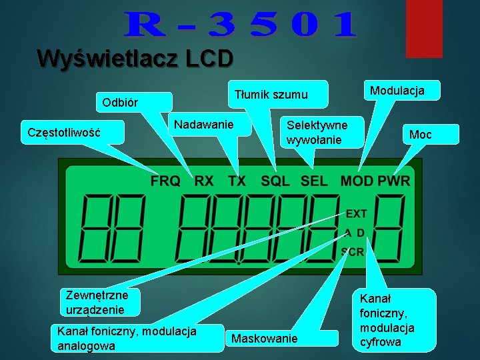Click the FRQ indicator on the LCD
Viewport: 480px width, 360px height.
165,181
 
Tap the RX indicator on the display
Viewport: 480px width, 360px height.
204,181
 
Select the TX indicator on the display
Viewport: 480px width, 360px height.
236,181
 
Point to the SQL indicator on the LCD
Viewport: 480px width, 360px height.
277,181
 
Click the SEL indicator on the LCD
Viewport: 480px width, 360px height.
315,181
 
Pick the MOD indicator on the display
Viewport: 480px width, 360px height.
357,181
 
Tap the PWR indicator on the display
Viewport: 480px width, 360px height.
394,181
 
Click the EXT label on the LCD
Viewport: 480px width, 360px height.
356,213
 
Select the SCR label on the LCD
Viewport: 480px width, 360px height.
353,251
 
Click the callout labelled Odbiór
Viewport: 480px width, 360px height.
121,103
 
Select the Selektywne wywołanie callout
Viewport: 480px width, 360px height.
317,132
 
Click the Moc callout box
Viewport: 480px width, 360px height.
421,135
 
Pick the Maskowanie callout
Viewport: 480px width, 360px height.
264,339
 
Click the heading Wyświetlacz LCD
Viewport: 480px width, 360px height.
135,59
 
